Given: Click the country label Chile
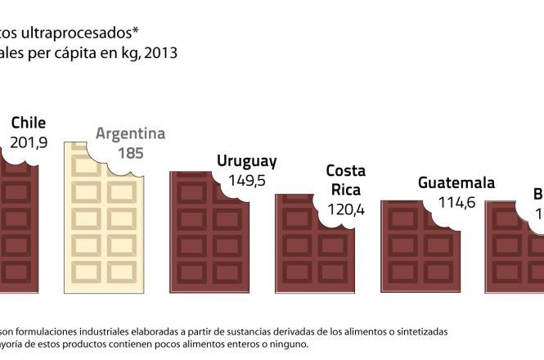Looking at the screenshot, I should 29,124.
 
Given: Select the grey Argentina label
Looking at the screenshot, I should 131,133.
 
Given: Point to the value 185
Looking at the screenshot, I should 131,152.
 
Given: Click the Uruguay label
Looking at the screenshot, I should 246,161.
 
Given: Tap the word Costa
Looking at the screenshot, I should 346,171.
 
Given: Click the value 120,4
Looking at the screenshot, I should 345,210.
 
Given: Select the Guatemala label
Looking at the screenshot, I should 456,182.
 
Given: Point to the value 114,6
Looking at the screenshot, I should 456,202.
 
